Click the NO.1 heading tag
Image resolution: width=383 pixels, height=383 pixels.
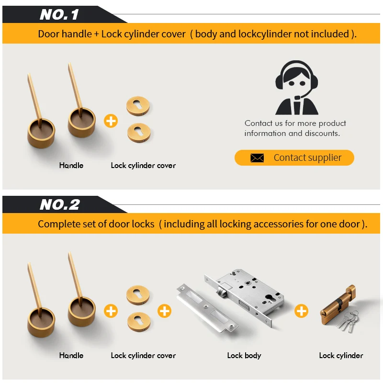coord(59,14)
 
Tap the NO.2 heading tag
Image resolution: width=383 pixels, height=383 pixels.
coord(60,205)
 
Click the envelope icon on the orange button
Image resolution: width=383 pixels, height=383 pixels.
coord(257,158)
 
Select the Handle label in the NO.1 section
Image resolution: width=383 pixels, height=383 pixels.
coord(71,165)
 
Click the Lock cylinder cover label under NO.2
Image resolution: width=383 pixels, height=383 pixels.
coord(143,356)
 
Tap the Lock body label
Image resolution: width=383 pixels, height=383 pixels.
coord(244,356)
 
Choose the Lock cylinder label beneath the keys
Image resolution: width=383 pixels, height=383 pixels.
coord(341,356)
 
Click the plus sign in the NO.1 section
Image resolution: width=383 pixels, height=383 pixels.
coord(111,121)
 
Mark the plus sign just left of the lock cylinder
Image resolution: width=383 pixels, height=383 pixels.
coord(301,311)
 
